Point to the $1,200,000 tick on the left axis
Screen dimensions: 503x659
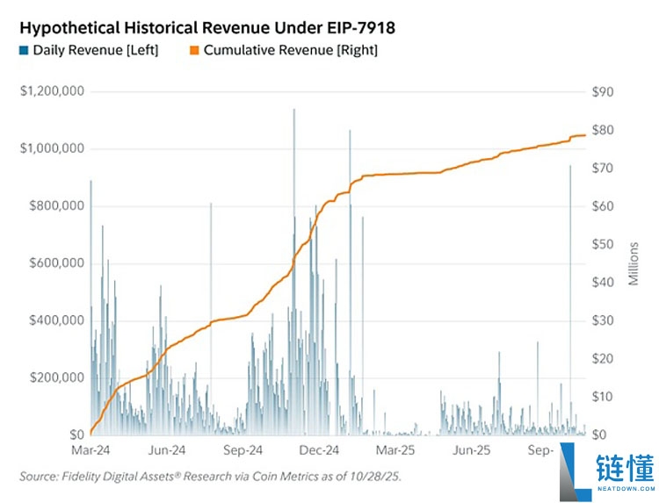pos(52,91)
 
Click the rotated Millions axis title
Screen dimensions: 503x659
pos(634,263)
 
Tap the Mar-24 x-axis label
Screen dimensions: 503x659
pos(91,450)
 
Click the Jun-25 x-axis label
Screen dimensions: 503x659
pos(471,450)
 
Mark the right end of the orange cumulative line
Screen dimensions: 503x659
pos(585,135)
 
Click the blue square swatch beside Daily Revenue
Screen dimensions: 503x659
pos(24,50)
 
